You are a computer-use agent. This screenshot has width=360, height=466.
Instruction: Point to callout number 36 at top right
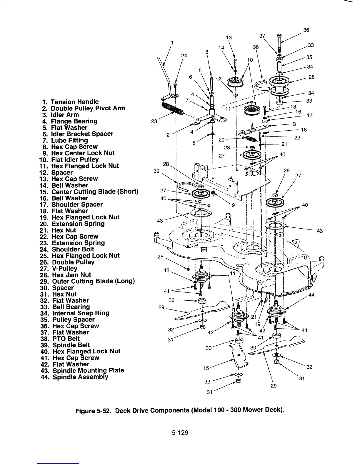coord(306,30)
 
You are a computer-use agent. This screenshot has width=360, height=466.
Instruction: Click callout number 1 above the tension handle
coord(172,42)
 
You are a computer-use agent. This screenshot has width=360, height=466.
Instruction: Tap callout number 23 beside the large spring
coord(154,121)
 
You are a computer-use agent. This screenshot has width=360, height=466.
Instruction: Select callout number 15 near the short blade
coord(206,368)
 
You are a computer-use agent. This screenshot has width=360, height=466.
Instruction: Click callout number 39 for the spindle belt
coord(156,171)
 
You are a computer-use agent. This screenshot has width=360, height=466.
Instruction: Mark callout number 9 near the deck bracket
coord(233,206)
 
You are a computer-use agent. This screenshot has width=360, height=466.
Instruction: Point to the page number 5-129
coord(180,432)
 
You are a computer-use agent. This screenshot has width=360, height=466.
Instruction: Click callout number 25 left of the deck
coord(160,257)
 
